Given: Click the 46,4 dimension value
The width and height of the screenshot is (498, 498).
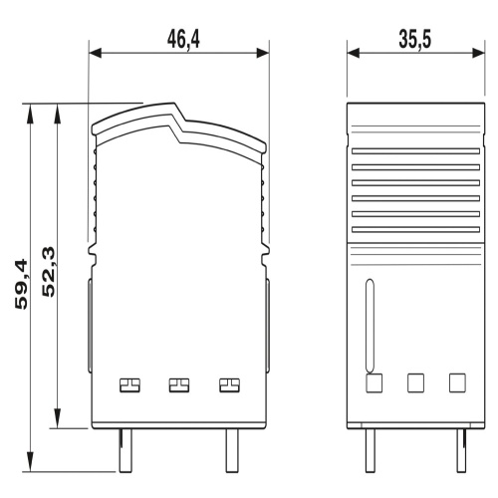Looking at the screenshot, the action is click(x=183, y=39).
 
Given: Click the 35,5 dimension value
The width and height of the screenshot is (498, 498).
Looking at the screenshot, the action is click(x=415, y=39).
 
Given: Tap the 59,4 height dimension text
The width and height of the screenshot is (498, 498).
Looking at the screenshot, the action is click(x=22, y=285).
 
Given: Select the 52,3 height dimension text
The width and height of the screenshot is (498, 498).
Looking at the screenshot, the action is click(x=49, y=272).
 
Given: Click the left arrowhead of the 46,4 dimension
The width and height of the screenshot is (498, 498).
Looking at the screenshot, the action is click(x=96, y=53).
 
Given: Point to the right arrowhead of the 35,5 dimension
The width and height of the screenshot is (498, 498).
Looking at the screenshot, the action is click(x=478, y=53).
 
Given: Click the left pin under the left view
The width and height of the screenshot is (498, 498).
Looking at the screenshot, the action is click(x=125, y=450).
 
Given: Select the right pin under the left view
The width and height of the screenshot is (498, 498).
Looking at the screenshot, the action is click(x=232, y=450).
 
